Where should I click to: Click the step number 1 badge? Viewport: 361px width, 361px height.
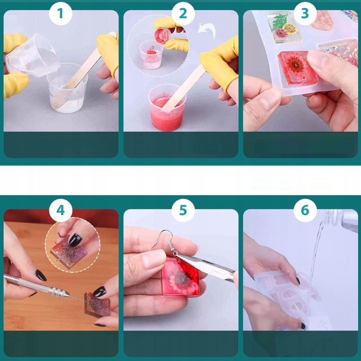tap(61, 14)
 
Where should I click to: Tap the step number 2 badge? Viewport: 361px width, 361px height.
tap(183, 14)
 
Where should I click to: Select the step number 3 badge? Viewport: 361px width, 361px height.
tap(305, 14)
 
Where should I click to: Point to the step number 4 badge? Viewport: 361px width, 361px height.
tap(61, 210)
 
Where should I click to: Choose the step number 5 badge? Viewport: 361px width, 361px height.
tap(183, 210)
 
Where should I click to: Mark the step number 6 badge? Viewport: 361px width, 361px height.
tap(305, 210)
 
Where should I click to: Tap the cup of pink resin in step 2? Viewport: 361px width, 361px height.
tap(167, 107)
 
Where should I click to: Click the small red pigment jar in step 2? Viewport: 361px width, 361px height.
tap(162, 35)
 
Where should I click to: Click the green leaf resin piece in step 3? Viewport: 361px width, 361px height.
tap(283, 27)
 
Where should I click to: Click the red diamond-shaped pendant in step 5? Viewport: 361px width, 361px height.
tap(180, 276)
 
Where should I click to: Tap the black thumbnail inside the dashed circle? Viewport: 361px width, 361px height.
tap(75, 240)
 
